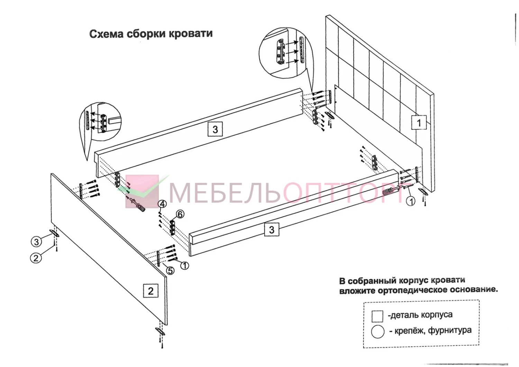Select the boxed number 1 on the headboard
coord(419,123)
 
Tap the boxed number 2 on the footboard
coord(151,291)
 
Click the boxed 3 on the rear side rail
coord(215,129)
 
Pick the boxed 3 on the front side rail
coord(272,230)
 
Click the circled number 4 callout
coord(162,204)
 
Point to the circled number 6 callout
coord(180,214)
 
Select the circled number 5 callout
coord(170,270)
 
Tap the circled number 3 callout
coord(36,242)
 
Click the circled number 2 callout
coord(36,258)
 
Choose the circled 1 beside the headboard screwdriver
coord(411,202)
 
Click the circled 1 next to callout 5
coord(184,266)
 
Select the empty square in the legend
coord(377,316)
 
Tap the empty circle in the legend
coord(378,332)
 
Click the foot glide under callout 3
coord(54,233)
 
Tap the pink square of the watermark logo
coord(142,191)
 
